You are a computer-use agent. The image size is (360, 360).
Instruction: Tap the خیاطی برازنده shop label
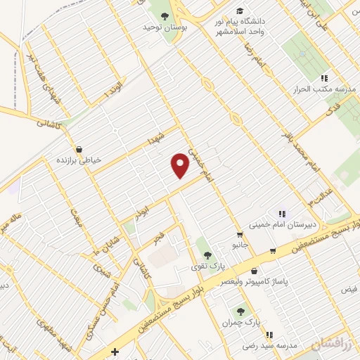pos(79,160)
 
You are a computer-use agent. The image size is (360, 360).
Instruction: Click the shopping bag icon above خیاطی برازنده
pos(79,149)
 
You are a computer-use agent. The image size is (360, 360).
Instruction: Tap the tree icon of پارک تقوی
pos(205,252)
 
